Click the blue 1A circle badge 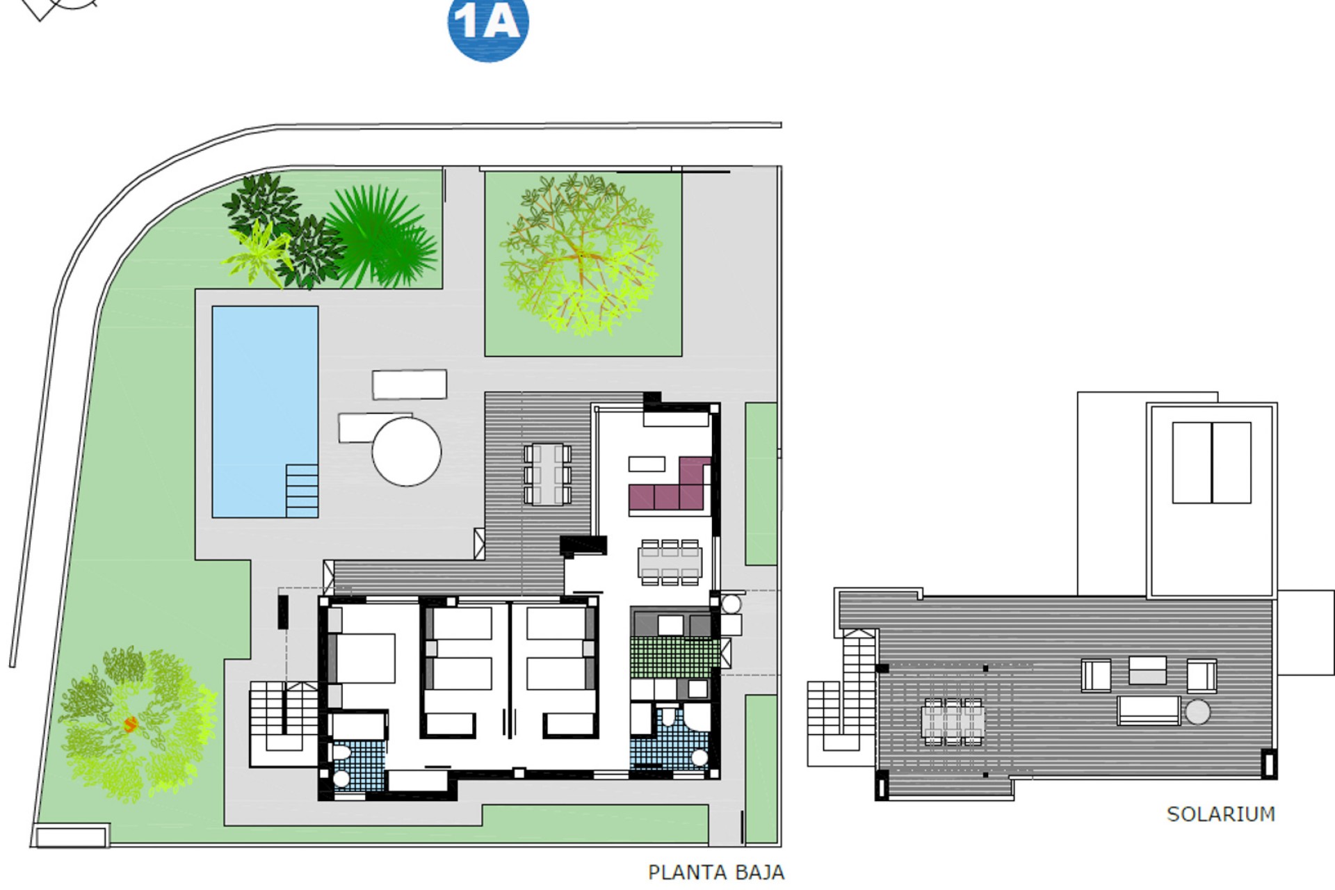click(488, 25)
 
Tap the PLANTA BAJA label click(715, 872)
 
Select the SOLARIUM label click(1220, 814)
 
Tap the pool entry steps click(302, 490)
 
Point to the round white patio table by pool click(407, 451)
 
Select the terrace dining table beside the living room click(548, 474)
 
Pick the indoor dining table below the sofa click(670, 563)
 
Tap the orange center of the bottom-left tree click(130, 725)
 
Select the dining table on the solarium click(953, 721)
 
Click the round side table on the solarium click(1197, 712)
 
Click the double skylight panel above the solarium click(1211, 462)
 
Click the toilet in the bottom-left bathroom click(341, 753)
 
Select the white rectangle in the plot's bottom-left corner click(71, 836)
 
